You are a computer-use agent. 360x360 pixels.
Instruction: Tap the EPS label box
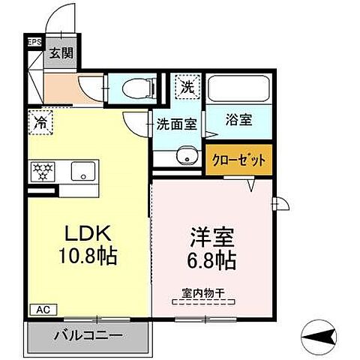coord(34,43)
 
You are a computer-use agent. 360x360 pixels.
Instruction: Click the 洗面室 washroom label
coord(177,124)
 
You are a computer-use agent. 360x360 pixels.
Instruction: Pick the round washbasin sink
coord(182,157)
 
